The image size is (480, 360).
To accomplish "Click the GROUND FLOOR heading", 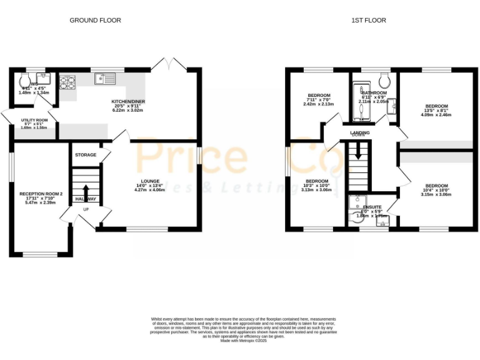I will pyautogui.click(x=95, y=20).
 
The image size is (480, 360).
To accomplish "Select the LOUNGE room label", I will pyautogui.click(x=150, y=181).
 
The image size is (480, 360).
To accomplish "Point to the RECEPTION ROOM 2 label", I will pyautogui.click(x=41, y=194).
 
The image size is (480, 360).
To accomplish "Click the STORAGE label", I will pyautogui.click(x=86, y=154).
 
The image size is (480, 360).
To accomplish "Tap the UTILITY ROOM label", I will pyautogui.click(x=34, y=120).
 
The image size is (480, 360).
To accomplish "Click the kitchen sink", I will pyautogui.click(x=104, y=79).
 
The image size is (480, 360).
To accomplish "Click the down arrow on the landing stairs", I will pyautogui.click(x=358, y=152).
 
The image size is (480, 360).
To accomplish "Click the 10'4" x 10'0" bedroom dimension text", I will pyautogui.click(x=437, y=191).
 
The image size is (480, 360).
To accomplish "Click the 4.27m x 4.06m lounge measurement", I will pyautogui.click(x=150, y=189).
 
